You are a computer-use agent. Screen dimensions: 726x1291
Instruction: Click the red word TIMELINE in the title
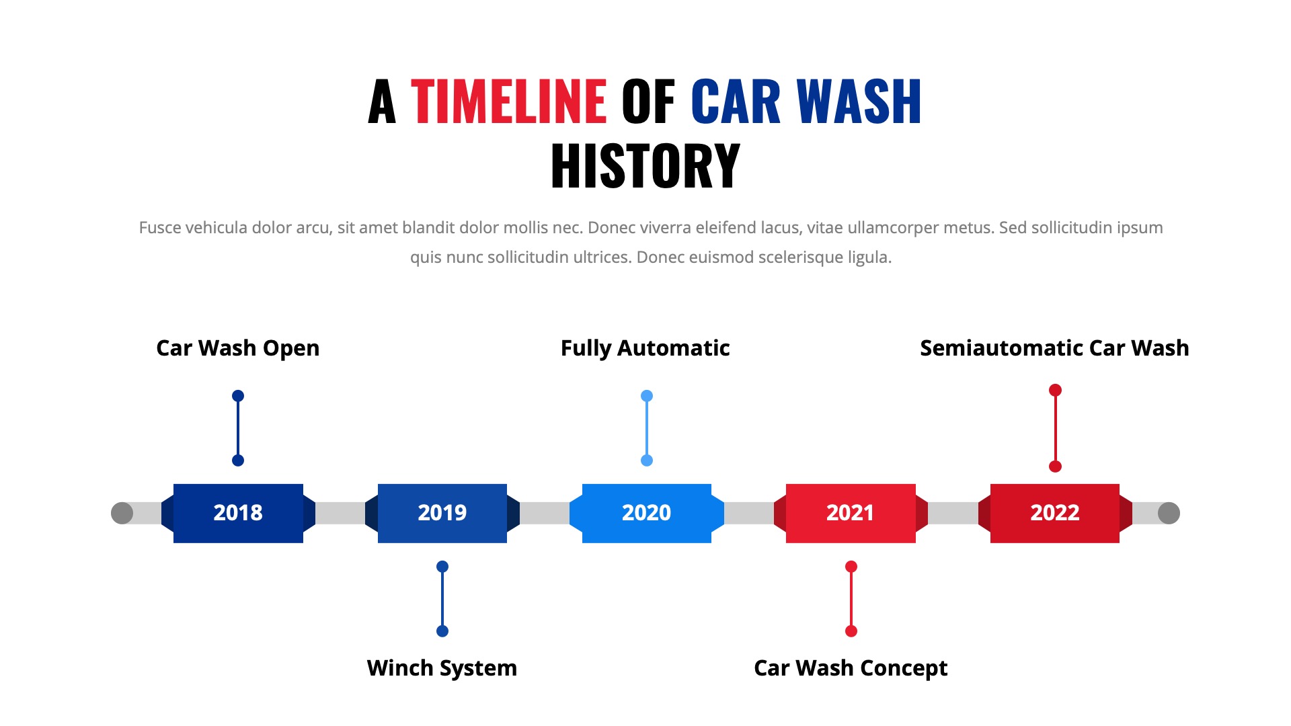[508, 102]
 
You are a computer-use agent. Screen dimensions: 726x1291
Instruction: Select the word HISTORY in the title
[645, 166]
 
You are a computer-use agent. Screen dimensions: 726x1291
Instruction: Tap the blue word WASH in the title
[859, 102]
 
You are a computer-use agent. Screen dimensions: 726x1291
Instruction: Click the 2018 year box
[238, 513]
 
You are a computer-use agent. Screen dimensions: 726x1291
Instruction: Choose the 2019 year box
[442, 513]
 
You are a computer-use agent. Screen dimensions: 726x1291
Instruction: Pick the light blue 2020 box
[646, 513]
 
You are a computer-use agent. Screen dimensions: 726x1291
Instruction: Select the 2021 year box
[851, 513]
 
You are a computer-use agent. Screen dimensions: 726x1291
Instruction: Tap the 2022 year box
[1055, 513]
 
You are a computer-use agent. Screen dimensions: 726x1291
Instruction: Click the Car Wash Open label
[237, 348]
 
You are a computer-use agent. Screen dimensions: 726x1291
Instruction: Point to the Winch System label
[442, 668]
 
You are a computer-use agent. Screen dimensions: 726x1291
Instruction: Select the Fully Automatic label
[645, 348]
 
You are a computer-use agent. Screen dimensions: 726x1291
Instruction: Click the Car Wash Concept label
[851, 668]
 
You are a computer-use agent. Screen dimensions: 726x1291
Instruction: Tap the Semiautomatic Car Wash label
[1054, 348]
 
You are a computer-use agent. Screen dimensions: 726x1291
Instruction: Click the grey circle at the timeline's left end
[122, 513]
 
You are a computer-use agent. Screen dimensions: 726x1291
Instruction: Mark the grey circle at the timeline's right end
[1169, 513]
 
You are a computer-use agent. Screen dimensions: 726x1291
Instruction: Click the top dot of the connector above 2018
[238, 396]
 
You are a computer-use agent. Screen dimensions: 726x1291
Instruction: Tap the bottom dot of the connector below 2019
[442, 631]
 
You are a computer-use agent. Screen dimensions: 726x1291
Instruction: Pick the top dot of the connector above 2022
[1055, 390]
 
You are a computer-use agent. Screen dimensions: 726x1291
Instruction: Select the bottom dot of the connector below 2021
[851, 631]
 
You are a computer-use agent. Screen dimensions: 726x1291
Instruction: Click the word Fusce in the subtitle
[160, 228]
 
